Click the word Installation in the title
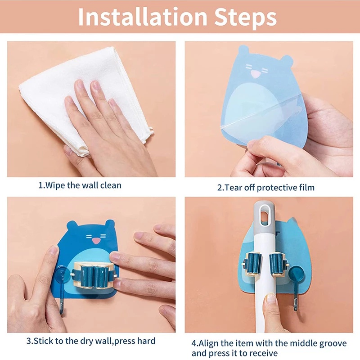[x=143, y=17]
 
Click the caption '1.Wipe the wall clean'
[x=80, y=185]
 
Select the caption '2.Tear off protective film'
[x=266, y=188]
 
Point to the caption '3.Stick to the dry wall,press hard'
[x=91, y=341]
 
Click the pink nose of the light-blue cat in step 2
[x=255, y=74]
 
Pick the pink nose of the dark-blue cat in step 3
[x=96, y=241]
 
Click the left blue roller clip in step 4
[x=252, y=264]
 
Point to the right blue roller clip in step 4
[x=278, y=264]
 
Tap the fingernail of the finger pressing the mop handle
[x=271, y=299]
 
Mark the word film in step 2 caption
[x=307, y=187]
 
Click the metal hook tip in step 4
[x=296, y=308]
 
